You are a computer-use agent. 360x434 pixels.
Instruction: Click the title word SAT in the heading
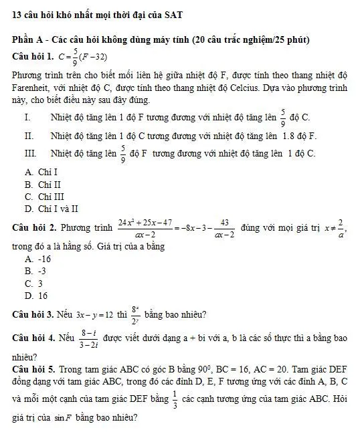click(174, 15)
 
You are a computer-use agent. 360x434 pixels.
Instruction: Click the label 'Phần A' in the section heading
click(27, 40)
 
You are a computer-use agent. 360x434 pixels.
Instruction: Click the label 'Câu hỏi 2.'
click(33, 227)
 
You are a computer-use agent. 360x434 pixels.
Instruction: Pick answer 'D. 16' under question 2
click(36, 296)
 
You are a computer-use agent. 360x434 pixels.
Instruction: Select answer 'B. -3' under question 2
click(35, 271)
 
